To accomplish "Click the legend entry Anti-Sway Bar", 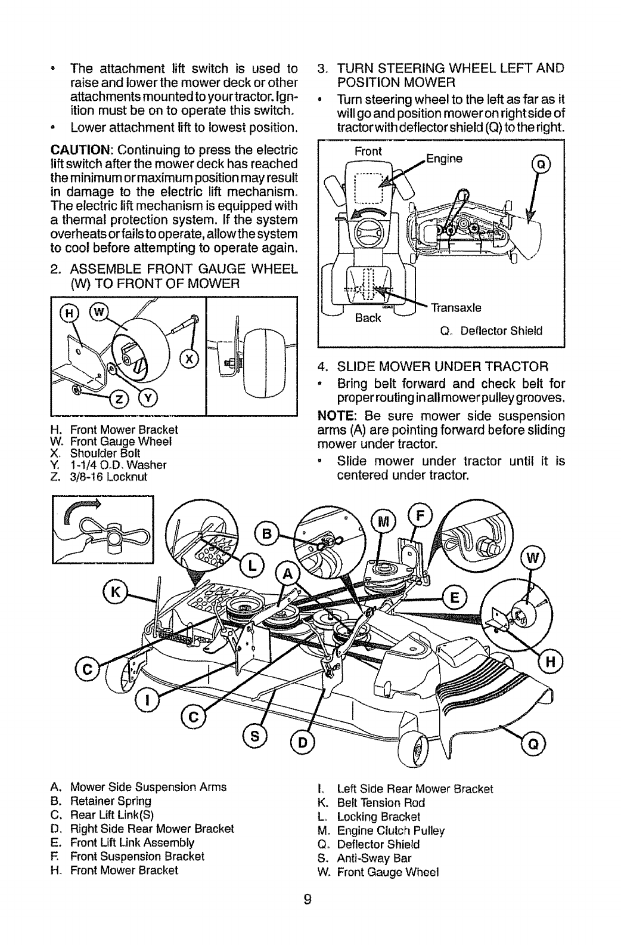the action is point(368,858).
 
